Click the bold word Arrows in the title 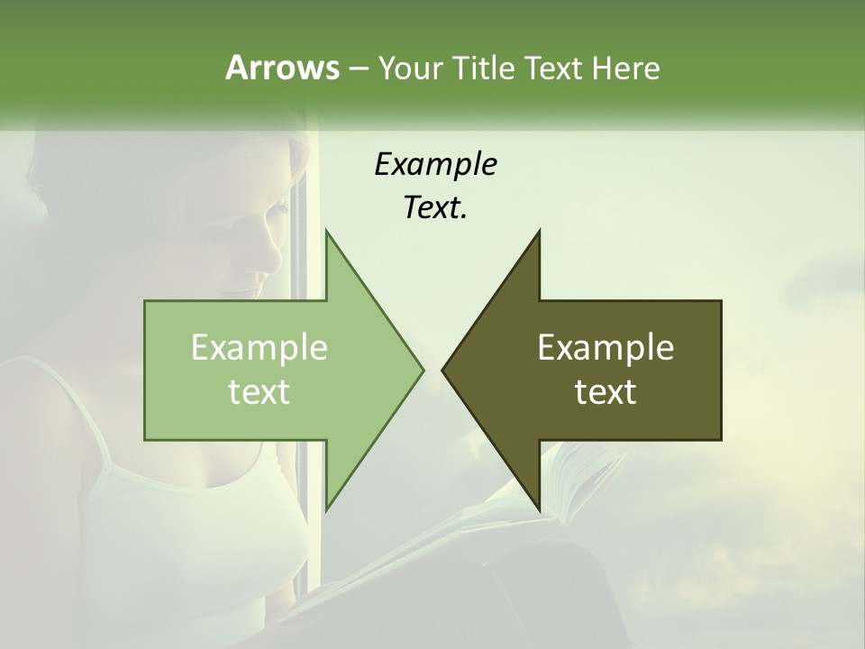[x=282, y=68]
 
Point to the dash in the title [x=358, y=69]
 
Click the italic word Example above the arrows [x=435, y=164]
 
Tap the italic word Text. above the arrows [x=435, y=207]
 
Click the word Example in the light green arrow [x=259, y=347]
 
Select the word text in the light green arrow [x=259, y=392]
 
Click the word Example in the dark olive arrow [x=605, y=347]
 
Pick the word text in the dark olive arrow [x=605, y=392]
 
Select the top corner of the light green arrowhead [x=326, y=232]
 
